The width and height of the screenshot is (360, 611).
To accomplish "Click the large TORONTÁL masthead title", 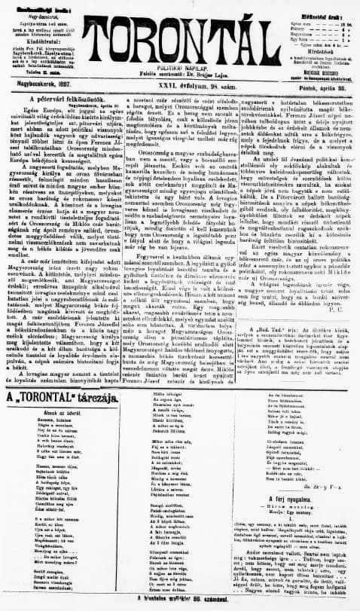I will pos(181,31).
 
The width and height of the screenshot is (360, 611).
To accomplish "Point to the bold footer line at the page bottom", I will pos(180,597).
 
